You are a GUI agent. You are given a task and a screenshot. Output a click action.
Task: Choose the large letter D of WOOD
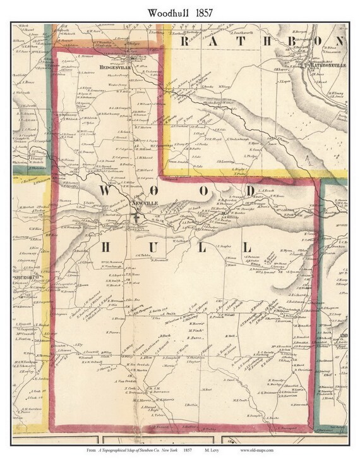point(251,192)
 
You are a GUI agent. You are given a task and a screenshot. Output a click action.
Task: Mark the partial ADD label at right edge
point(344,336)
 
